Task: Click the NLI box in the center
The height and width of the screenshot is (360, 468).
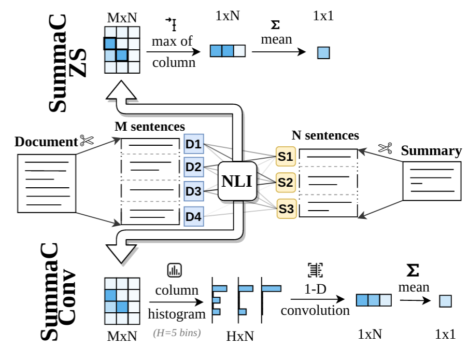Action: click(237, 181)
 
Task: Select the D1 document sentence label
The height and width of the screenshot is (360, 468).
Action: click(194, 144)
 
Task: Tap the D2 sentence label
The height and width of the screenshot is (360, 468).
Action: click(194, 168)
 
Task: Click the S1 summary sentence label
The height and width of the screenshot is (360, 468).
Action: click(286, 155)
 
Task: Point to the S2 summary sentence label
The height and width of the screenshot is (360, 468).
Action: click(286, 182)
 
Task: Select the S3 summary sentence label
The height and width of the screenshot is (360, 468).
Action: click(286, 209)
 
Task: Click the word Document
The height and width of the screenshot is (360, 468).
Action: click(46, 142)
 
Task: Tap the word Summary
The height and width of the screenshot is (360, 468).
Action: click(431, 151)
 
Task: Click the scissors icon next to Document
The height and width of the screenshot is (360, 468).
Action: click(86, 140)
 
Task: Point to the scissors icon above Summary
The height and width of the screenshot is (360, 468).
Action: click(385, 148)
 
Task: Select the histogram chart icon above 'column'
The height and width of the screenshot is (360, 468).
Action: click(174, 270)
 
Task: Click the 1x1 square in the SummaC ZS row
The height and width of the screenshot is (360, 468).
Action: click(323, 52)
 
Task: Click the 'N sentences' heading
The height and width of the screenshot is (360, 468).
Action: click(325, 135)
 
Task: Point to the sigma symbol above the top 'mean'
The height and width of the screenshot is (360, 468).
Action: click(276, 24)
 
